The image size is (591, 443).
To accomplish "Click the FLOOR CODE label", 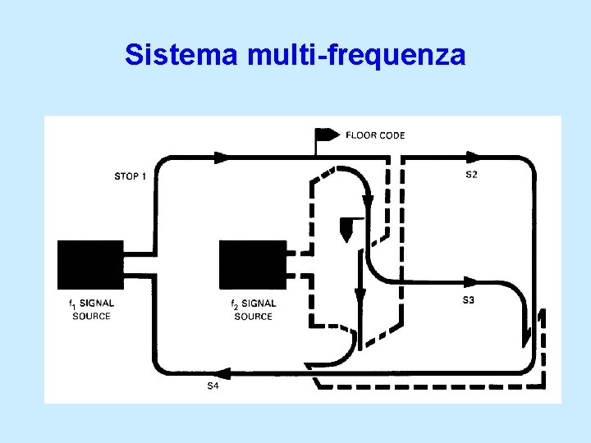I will click(x=375, y=135).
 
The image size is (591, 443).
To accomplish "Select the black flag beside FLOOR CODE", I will click(x=328, y=135).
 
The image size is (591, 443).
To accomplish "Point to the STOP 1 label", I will click(x=131, y=176).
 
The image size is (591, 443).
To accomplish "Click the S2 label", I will click(x=472, y=176).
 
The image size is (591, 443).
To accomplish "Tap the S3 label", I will click(x=468, y=300).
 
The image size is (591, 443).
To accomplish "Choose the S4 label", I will click(x=212, y=386).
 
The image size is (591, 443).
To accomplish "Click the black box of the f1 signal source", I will click(x=90, y=264).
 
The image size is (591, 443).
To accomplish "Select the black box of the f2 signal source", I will click(x=253, y=264).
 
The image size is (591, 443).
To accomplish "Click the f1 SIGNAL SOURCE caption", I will click(x=91, y=309).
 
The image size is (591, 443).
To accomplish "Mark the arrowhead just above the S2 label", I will click(x=473, y=156).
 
